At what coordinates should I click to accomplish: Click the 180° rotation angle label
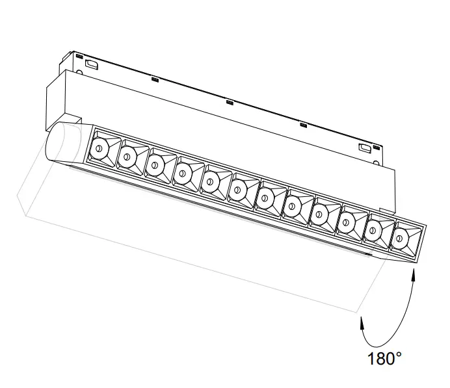point(384,359)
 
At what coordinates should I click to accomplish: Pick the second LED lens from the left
point(127,157)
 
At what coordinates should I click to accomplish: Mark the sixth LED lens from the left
point(237,190)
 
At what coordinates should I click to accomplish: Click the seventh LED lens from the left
point(265,198)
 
